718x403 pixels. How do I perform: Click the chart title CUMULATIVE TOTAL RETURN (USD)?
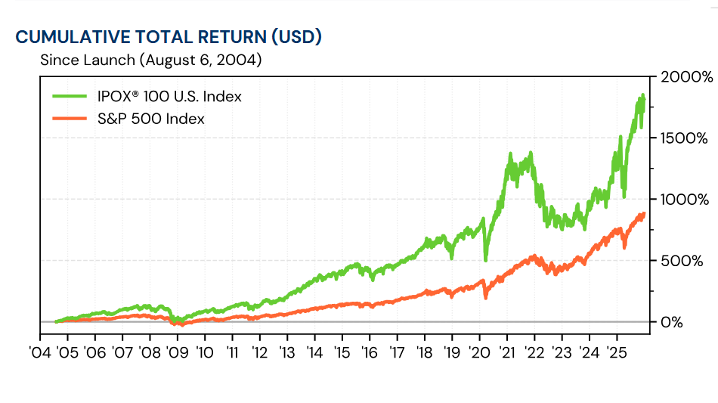[169, 36]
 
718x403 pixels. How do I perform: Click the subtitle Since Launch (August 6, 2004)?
[151, 60]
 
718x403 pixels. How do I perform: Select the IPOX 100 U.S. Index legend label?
[169, 97]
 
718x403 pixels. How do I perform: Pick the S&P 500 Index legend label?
[150, 119]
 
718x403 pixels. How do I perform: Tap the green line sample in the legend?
[70, 97]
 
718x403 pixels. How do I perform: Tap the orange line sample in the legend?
[70, 119]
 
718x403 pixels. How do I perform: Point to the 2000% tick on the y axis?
[686, 77]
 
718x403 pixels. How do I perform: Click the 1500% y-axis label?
[686, 138]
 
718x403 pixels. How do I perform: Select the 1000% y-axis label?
[686, 200]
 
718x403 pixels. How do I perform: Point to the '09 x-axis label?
[177, 352]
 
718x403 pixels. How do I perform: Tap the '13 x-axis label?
[286, 352]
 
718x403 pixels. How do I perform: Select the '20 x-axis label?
[479, 352]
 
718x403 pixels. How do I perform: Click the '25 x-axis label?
[616, 352]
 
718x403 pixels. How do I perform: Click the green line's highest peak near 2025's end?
[642, 95]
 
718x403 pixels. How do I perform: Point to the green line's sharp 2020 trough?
[485, 260]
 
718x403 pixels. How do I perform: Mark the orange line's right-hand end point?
[644, 214]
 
